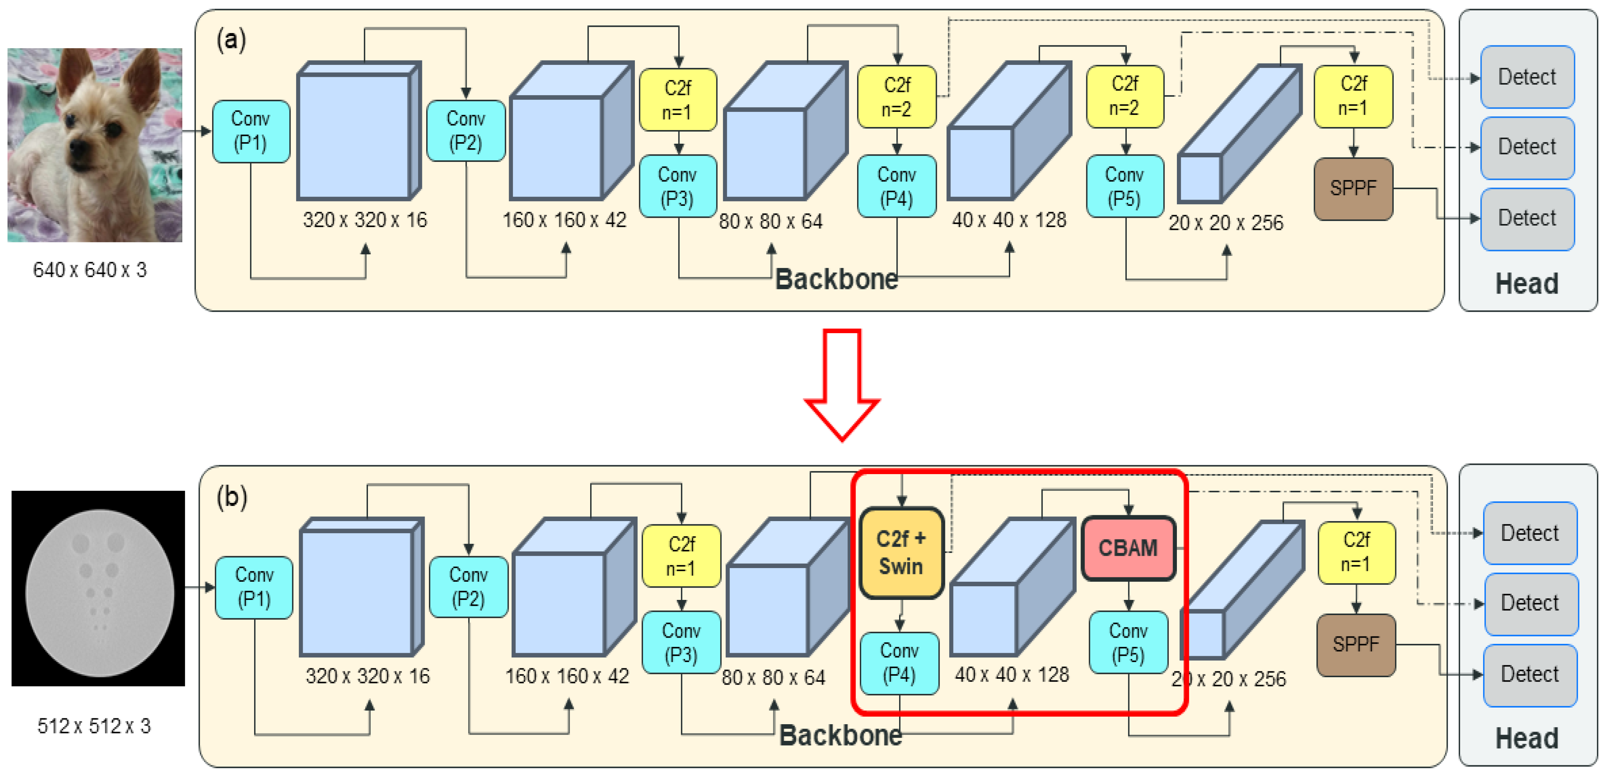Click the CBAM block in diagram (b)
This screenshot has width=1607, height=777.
[x=1128, y=548]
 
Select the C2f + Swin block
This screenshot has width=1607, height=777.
[x=901, y=553]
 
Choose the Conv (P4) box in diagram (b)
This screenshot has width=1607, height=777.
[x=899, y=663]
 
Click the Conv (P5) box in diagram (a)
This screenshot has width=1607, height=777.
[x=1125, y=186]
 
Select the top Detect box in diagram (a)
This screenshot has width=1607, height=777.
[x=1527, y=77]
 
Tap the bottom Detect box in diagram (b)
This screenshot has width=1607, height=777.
[x=1530, y=675]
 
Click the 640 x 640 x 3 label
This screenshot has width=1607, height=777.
[x=90, y=270]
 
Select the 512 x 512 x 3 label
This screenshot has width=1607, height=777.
[x=94, y=726]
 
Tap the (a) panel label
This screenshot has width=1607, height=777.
[x=231, y=40]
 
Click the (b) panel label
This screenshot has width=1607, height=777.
[x=232, y=497]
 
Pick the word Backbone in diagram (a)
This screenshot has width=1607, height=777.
[x=836, y=279]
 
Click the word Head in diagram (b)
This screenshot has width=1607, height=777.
[x=1527, y=738]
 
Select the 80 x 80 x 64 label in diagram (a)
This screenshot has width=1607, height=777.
[x=770, y=221]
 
